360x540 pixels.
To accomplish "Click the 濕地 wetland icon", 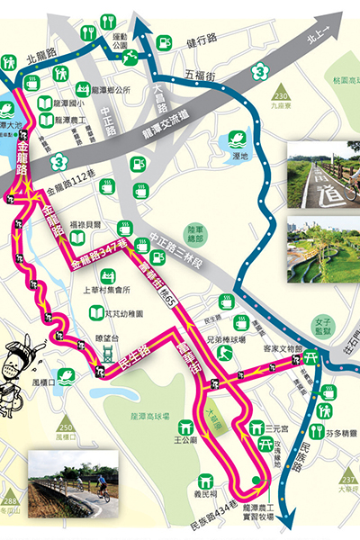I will [x=236, y=139].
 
